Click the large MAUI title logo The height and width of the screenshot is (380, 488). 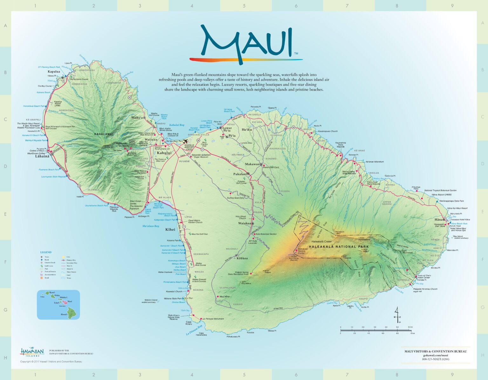246,43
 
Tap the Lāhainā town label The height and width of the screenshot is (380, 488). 42,156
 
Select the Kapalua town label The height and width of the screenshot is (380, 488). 54,71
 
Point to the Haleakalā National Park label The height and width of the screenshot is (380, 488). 339,247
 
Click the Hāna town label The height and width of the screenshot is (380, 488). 438,220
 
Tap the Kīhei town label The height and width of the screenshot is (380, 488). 170,229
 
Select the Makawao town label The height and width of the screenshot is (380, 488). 252,164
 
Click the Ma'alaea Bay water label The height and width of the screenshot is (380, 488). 151,226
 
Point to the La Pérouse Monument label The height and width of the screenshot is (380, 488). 213,319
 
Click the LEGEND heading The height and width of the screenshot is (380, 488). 46,252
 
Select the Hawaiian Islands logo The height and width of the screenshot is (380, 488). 32,352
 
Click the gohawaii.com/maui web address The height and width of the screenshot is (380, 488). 435,355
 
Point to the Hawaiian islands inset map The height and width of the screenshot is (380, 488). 58,304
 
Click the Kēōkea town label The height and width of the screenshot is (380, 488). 242,258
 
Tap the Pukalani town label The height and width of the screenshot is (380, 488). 240,174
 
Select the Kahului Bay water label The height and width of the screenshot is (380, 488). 177,125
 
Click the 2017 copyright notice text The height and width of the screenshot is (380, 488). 51,362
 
